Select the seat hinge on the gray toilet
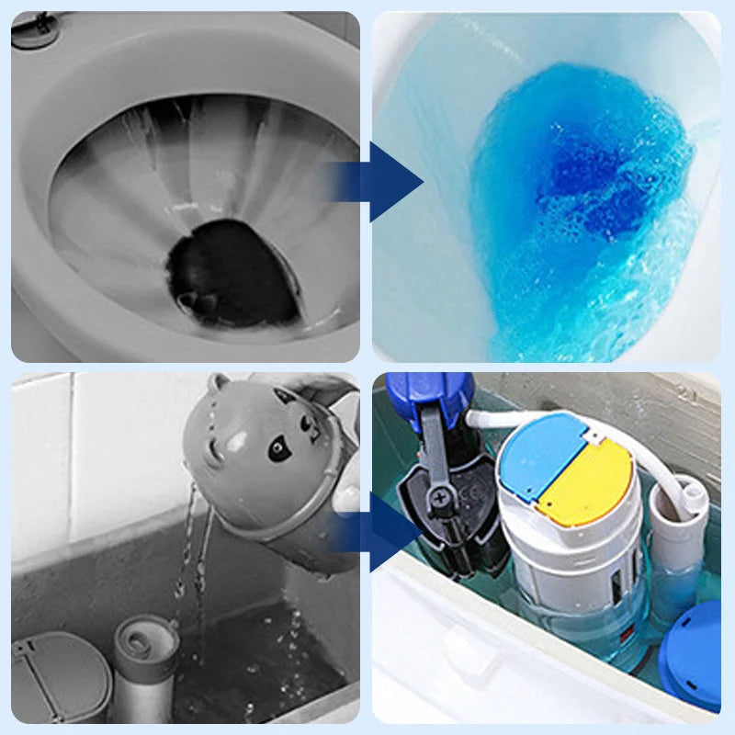35,30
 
